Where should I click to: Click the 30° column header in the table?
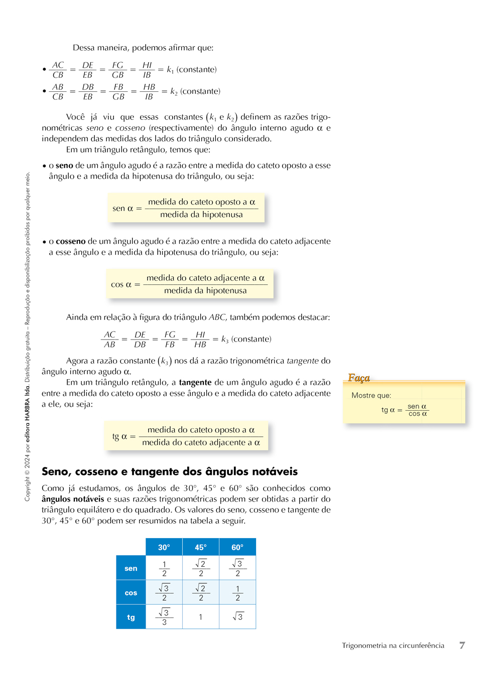pos(164,547)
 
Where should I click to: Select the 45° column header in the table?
pos(201,547)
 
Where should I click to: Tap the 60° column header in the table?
pos(237,547)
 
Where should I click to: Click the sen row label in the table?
pos(131,568)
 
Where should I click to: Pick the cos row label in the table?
pos(131,593)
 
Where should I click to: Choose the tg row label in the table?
pos(131,617)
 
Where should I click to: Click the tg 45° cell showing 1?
pos(201,617)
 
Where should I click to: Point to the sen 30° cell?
pos(164,568)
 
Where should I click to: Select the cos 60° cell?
pos(237,593)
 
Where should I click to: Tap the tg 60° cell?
pos(237,617)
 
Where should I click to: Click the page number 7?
pos(462,645)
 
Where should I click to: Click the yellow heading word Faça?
pos(359,378)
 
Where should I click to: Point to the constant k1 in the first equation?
pos(170,70)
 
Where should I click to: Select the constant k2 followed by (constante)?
pos(174,92)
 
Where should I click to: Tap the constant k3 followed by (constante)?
pos(225,340)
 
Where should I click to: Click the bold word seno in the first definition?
pos(64,165)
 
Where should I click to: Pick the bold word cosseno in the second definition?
pos(71,241)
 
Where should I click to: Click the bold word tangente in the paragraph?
pos(195,383)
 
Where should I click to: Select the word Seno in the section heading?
pos(56,471)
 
